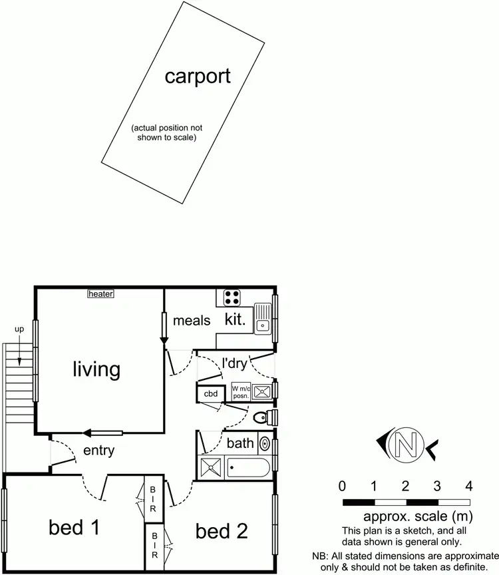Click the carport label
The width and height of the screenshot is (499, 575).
click(x=198, y=76)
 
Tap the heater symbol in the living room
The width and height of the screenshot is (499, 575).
click(x=101, y=293)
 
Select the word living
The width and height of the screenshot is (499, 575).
click(x=96, y=369)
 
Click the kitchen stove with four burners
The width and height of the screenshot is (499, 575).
click(x=232, y=297)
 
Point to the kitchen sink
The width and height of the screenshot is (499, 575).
click(x=263, y=317)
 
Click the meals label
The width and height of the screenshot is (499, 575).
click(x=192, y=321)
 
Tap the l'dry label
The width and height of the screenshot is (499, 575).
click(x=234, y=363)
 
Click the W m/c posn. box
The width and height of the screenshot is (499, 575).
click(x=240, y=391)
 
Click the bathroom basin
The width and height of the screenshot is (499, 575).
click(x=264, y=443)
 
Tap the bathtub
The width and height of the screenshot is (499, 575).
click(x=248, y=468)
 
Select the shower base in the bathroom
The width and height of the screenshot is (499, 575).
click(x=211, y=468)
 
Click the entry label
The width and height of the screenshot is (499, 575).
click(x=98, y=451)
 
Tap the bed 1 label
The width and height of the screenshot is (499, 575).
click(x=74, y=528)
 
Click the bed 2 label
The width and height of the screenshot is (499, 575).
click(x=222, y=530)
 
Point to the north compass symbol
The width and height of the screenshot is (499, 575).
click(x=406, y=442)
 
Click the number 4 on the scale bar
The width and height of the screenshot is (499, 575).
click(x=469, y=484)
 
